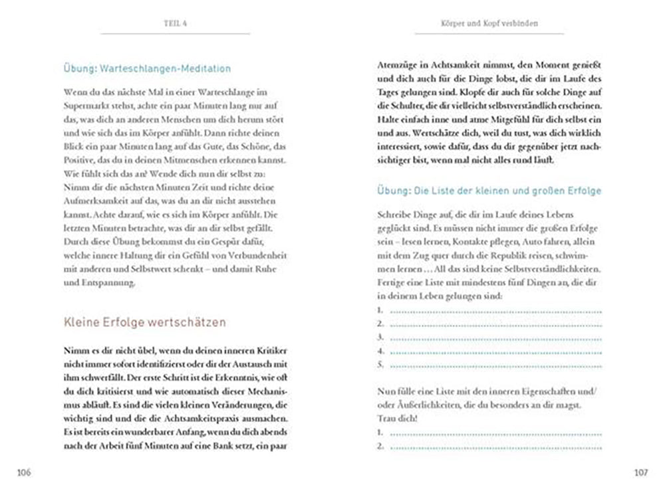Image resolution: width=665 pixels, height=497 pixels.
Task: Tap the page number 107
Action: [x=640, y=472]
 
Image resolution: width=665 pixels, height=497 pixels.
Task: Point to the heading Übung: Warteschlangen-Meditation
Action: [x=147, y=68]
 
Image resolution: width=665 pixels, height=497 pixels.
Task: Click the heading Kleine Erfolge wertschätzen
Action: [x=144, y=322]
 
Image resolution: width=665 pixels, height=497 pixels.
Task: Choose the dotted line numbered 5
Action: [x=495, y=364]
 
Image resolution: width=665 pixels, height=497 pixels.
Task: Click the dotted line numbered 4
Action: [x=495, y=351]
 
